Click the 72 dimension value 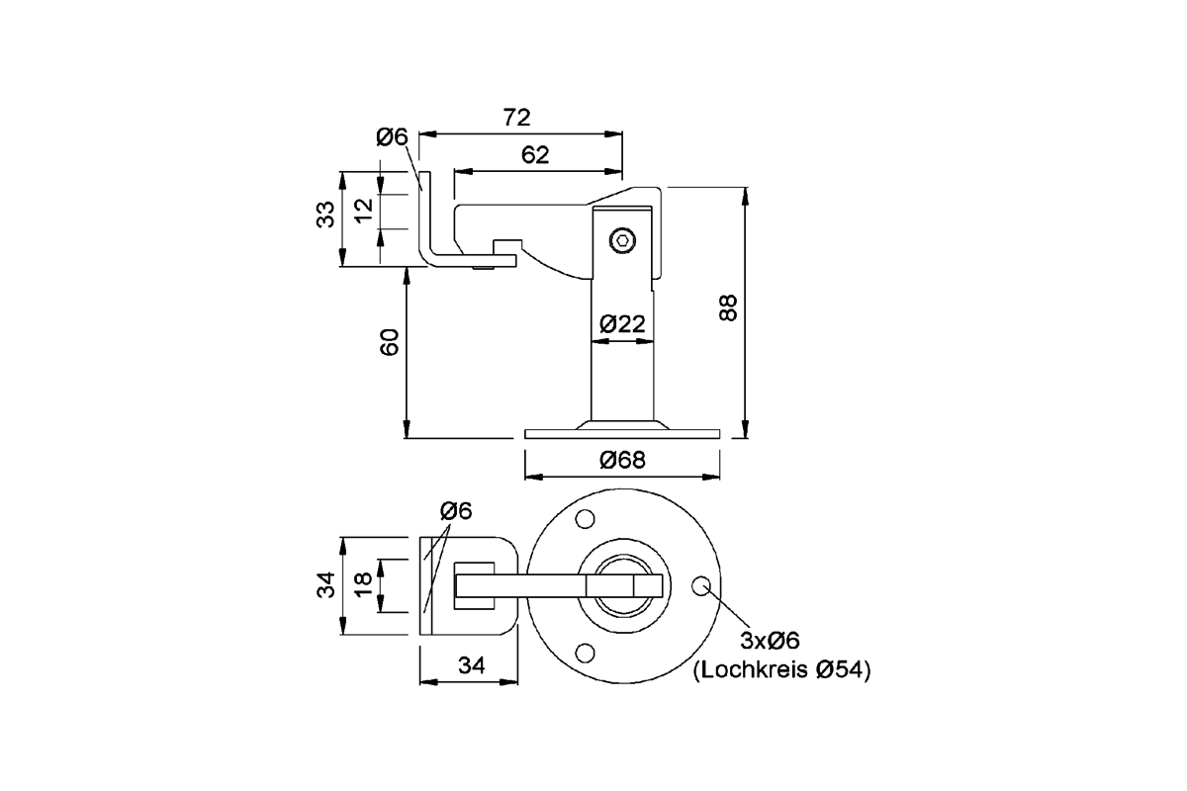(516, 118)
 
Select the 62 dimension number (534, 154)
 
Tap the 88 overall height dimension (728, 308)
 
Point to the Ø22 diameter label (622, 323)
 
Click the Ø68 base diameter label (622, 460)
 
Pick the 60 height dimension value (390, 343)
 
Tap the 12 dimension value (364, 209)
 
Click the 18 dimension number (364, 584)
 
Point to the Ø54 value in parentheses (841, 670)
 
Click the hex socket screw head (621, 239)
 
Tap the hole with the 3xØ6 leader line (702, 585)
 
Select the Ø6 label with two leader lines (456, 511)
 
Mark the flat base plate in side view (622, 433)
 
